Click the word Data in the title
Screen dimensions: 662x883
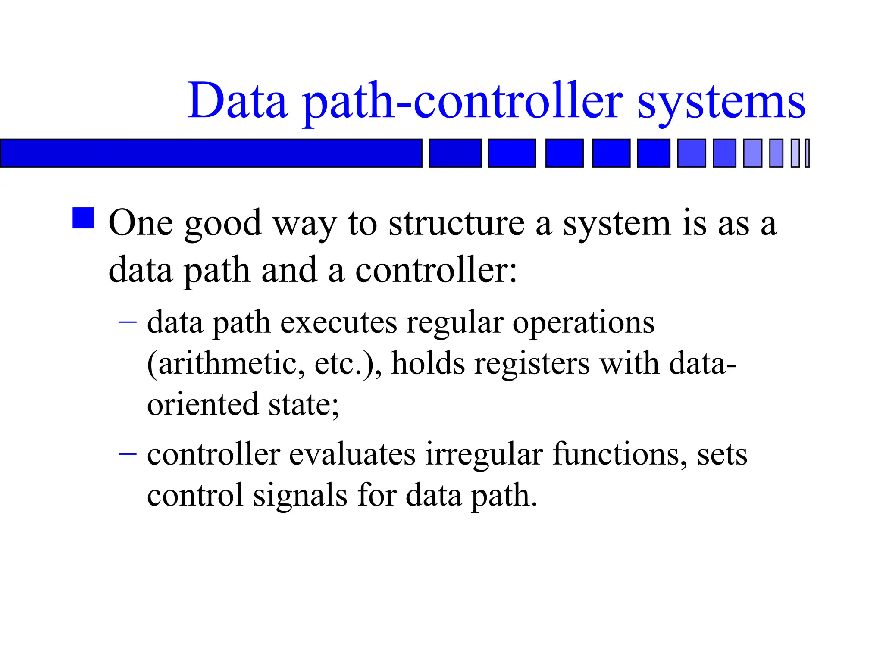pyautogui.click(x=238, y=101)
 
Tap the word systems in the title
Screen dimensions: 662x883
pyautogui.click(x=721, y=103)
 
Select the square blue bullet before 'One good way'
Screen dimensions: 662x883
pyautogui.click(x=83, y=218)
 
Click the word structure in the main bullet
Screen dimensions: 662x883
pyautogui.click(x=456, y=224)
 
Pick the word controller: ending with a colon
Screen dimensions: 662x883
pyautogui.click(x=436, y=271)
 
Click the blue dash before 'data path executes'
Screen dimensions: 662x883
pyautogui.click(x=128, y=322)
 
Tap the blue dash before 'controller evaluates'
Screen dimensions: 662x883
pyautogui.click(x=128, y=453)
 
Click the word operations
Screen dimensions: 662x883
pyautogui.click(x=583, y=323)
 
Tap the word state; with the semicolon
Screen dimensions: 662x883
pyautogui.click(x=304, y=405)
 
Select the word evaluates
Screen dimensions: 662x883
pyautogui.click(x=352, y=454)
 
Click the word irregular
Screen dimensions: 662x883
pyautogui.click(x=484, y=455)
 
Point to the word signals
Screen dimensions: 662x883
pyautogui.click(x=300, y=496)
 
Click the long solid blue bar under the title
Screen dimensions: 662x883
pyautogui.click(x=211, y=153)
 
